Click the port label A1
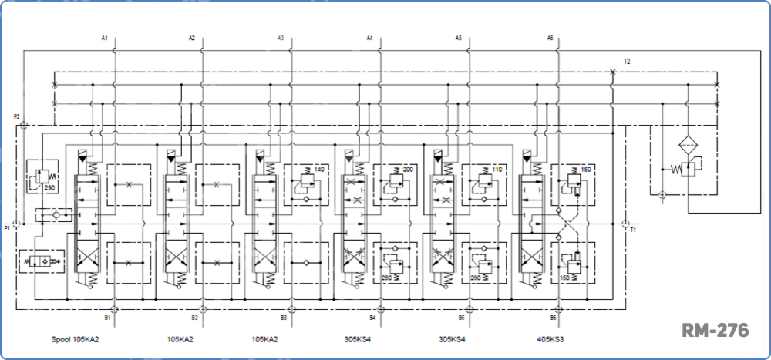pos(105,38)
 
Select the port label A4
pos(369,38)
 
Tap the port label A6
pos(550,38)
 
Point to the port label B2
pos(195,317)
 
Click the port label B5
pos(461,317)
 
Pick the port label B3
pos(284,317)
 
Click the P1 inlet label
pos(7,228)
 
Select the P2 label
pos(16,116)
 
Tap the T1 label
pos(633,230)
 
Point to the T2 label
pos(628,61)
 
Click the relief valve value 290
pos(49,187)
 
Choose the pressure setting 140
pos(318,168)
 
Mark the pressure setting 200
pos(407,168)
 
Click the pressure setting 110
pos(496,168)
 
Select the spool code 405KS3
pos(551,339)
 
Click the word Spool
pos(61,339)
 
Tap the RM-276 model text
pos(715,330)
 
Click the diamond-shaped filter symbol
pos(688,146)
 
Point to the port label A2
pos(192,38)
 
